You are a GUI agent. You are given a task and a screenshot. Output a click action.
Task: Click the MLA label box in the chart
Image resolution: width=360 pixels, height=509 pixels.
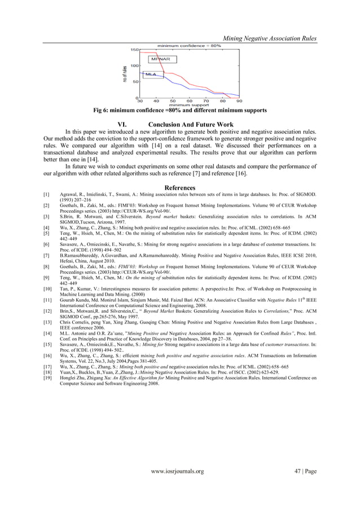[151, 74]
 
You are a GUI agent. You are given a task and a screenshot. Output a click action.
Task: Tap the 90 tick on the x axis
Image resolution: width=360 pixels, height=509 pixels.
[239, 101]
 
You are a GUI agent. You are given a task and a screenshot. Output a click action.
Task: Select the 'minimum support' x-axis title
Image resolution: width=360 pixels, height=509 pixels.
[189, 105]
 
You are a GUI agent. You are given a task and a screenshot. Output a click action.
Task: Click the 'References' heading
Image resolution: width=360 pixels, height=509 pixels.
[180, 187]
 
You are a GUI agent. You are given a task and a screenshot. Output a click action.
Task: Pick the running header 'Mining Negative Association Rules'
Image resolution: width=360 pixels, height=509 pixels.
[270, 38]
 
